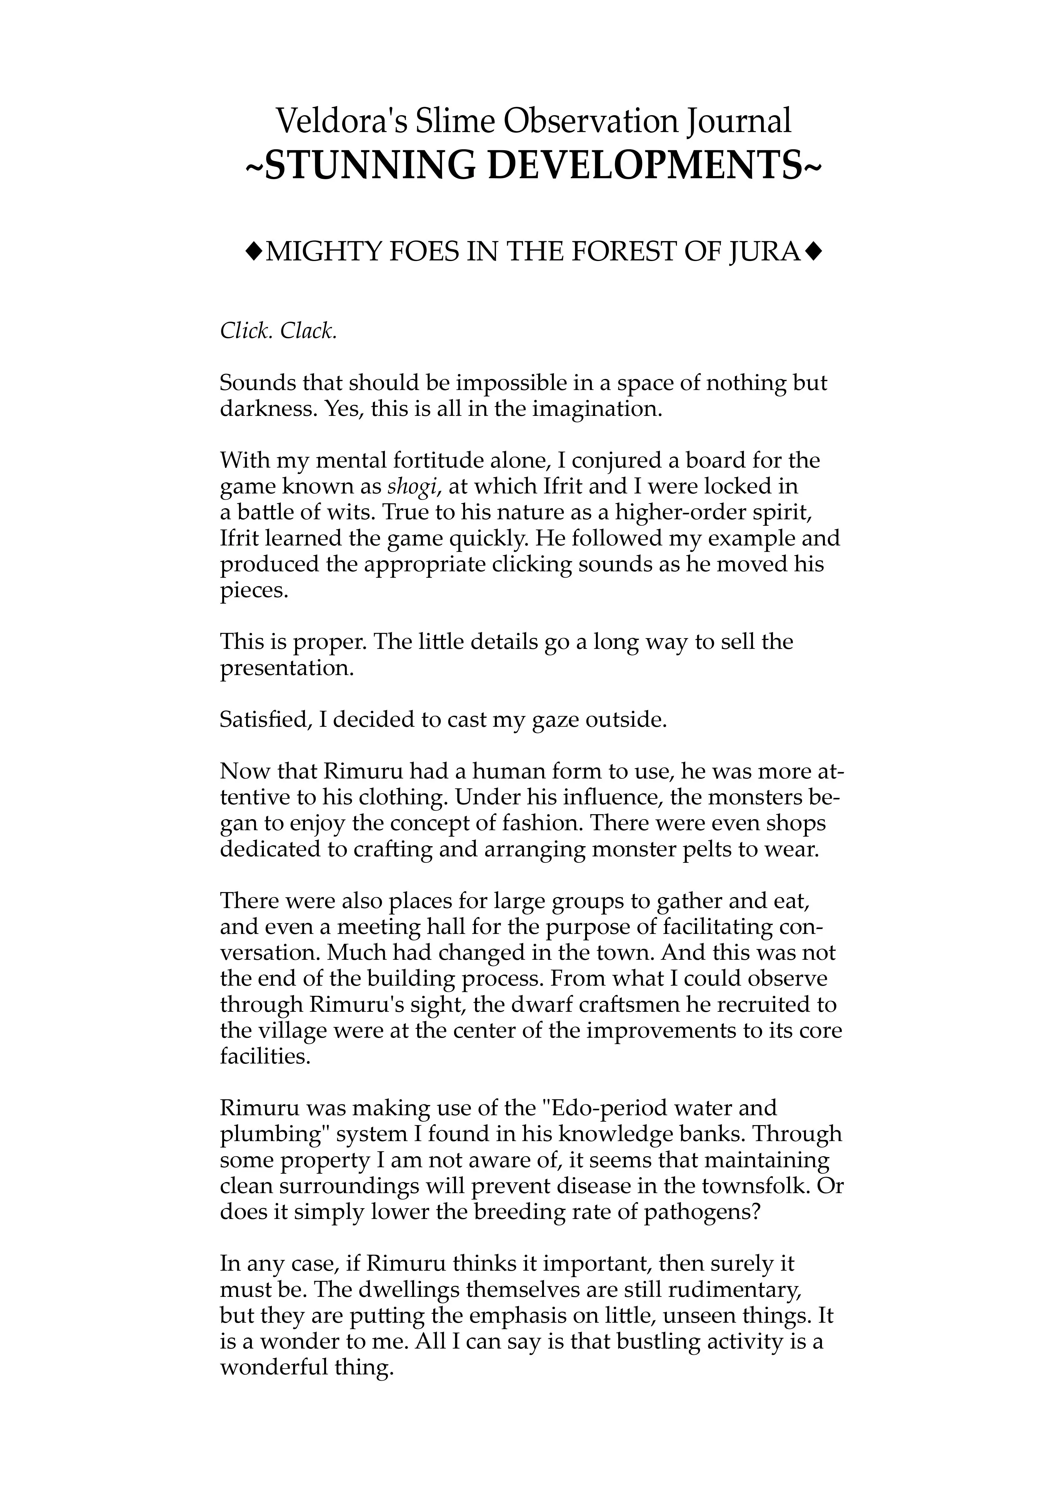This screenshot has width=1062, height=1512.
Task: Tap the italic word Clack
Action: pyautogui.click(x=308, y=331)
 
